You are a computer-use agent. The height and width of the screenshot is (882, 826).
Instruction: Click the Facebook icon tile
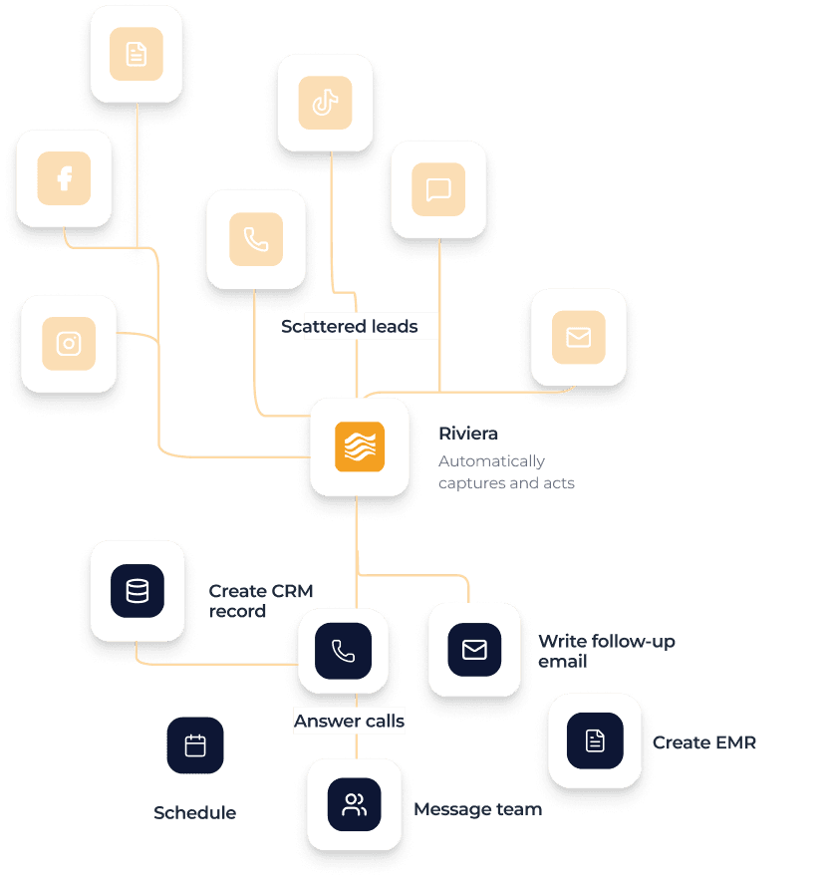(x=64, y=178)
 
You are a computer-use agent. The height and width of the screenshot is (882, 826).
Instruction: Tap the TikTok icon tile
(x=325, y=102)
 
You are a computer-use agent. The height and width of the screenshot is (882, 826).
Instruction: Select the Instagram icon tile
(x=69, y=344)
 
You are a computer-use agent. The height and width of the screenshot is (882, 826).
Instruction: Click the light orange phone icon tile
(x=256, y=239)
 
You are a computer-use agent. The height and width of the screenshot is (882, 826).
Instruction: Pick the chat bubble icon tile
(x=438, y=189)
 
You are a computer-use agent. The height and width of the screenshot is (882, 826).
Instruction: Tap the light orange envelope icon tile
(x=578, y=337)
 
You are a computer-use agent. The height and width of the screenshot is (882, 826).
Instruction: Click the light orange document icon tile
(x=137, y=54)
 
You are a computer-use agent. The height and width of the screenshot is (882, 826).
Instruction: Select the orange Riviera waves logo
(x=359, y=446)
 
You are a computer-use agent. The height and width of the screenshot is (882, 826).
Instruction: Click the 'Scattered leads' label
(x=349, y=327)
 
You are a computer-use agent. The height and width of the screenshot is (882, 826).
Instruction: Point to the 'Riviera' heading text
(x=468, y=434)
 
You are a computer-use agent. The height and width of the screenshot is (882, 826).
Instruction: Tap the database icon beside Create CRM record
(x=138, y=591)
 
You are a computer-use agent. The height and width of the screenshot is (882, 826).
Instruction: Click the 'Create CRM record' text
(x=260, y=601)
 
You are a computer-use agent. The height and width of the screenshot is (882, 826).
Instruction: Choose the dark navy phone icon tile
(x=343, y=652)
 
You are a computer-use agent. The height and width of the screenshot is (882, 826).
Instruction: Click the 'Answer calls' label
(x=349, y=722)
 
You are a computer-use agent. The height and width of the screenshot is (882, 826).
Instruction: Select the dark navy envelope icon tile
(x=474, y=650)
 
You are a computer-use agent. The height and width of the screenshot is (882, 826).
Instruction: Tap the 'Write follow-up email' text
(x=606, y=651)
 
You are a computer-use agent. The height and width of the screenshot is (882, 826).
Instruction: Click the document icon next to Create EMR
(x=595, y=740)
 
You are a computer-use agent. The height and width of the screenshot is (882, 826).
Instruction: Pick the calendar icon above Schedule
(x=195, y=745)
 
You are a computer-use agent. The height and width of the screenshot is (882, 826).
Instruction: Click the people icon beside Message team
(x=354, y=805)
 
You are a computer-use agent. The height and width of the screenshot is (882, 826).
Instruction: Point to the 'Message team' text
(x=477, y=809)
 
